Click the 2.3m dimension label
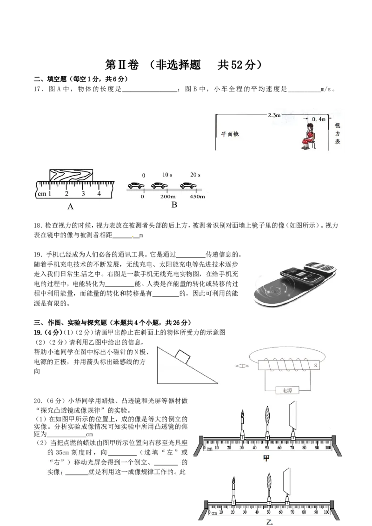tap(274, 115)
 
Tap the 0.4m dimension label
tap(318, 119)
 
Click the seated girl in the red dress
tap(309, 136)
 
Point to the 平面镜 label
tap(230, 134)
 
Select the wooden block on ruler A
tap(71, 176)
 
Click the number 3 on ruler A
tap(83, 194)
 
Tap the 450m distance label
tap(197, 197)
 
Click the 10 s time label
tap(167, 175)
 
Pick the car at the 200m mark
tap(159, 185)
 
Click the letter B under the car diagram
tap(174, 204)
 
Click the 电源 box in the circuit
tap(287, 390)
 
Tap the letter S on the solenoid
tap(316, 365)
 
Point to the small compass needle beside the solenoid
tap(242, 366)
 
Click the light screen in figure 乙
tap(287, 482)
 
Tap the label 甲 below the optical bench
tap(266, 458)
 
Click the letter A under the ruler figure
tap(70, 207)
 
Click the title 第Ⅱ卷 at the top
tap(122, 65)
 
